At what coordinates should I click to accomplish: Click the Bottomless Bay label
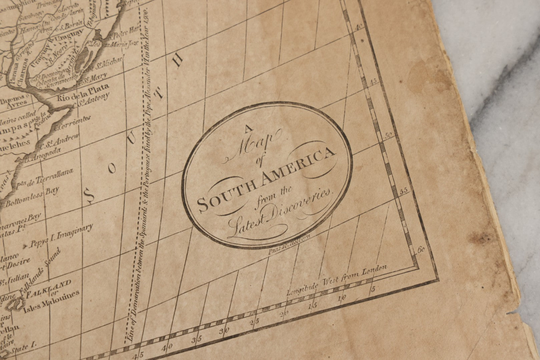pos(33,196)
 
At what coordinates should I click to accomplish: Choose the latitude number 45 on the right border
pos(373,81)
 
